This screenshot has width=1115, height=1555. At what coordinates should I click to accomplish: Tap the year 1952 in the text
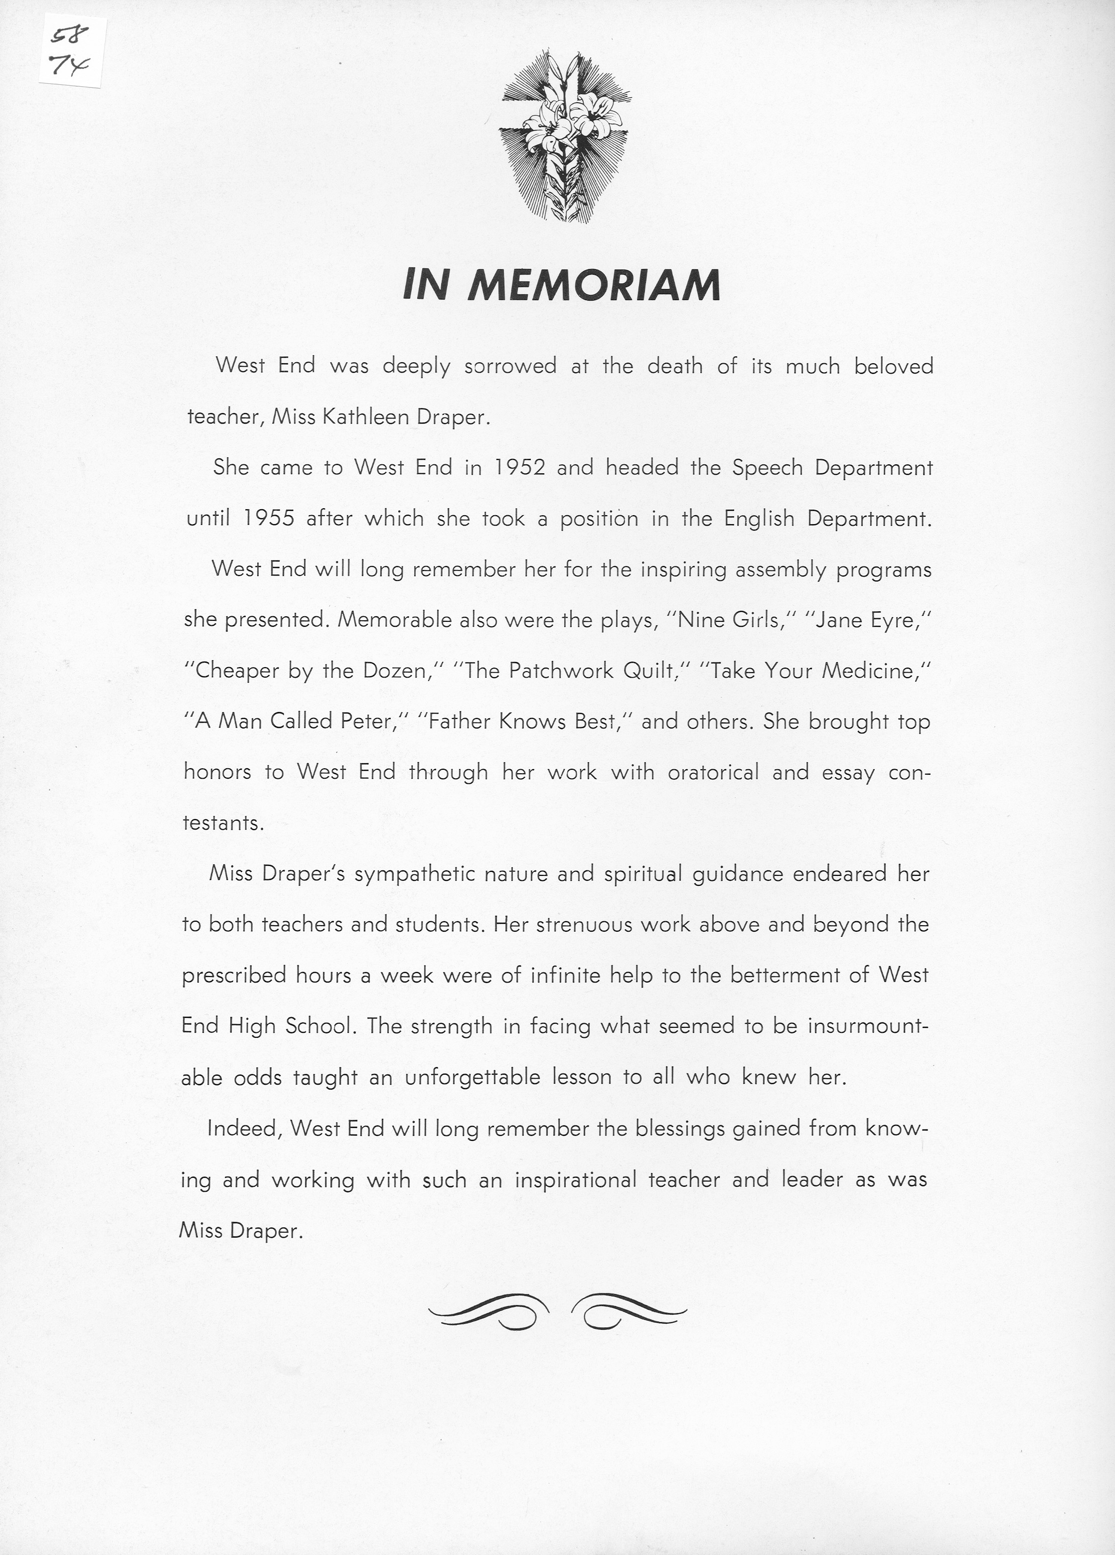520,468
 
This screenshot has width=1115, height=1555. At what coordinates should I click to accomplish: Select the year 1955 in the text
269,518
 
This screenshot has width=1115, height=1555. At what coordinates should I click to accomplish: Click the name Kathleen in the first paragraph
365,417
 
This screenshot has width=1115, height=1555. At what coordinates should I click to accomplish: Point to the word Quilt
648,671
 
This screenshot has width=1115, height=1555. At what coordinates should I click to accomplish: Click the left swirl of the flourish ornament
488,1311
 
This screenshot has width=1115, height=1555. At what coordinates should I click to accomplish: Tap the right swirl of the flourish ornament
628,1311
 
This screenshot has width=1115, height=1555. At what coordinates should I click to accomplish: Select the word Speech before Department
767,468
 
